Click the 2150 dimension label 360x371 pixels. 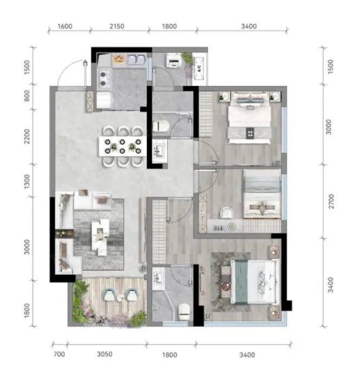[117, 27]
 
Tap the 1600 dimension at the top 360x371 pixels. [65, 27]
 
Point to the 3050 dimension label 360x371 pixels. [104, 354]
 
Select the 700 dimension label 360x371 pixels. [59, 354]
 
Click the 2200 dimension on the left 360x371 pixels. [27, 136]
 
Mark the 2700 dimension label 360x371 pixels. [331, 201]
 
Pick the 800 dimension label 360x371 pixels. [27, 96]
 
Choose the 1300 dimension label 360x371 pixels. [27, 182]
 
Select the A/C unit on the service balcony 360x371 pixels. [199, 68]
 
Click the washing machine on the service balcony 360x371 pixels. [174, 61]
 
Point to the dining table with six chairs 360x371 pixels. [123, 146]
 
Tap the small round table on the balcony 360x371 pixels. [121, 297]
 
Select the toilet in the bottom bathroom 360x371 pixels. [184, 312]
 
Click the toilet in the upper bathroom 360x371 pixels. [161, 126]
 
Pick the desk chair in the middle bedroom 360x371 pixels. [227, 213]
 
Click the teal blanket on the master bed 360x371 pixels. [241, 282]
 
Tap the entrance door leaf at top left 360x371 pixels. [86, 74]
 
